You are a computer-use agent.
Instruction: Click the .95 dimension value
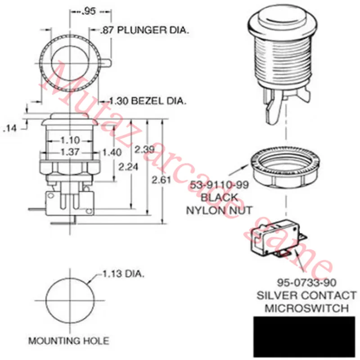89,12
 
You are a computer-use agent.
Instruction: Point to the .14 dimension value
10,129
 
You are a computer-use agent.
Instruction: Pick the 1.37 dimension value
70,153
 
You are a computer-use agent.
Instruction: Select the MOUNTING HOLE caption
68,341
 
